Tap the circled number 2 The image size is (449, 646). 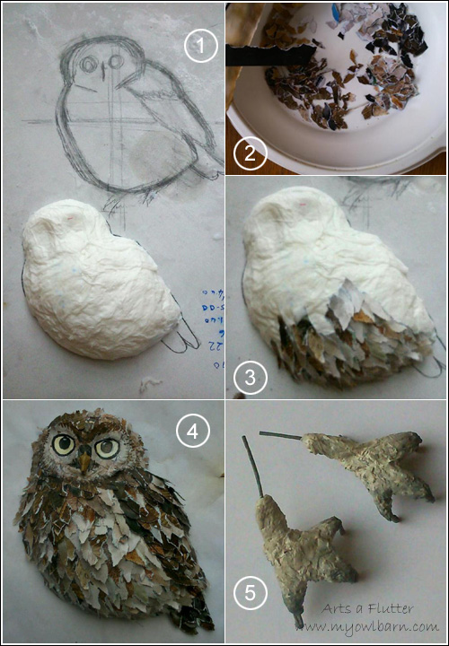coord(250,154)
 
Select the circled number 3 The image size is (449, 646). coord(250,378)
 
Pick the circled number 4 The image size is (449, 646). coord(189,433)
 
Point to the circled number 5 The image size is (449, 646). coord(250,593)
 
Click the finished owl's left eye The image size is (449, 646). coord(64,443)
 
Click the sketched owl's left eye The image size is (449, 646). coord(87,65)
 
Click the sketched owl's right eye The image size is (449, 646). coord(115,63)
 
